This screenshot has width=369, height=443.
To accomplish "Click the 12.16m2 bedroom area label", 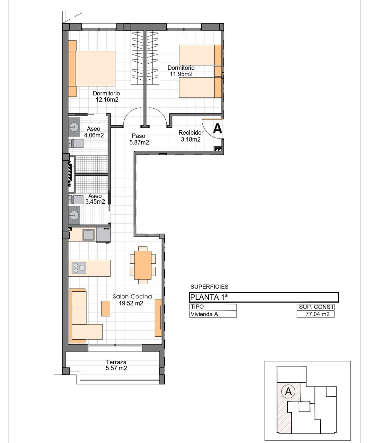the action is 107,99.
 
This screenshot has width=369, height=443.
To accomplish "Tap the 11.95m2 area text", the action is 181,74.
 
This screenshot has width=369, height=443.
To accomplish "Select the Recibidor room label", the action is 191,133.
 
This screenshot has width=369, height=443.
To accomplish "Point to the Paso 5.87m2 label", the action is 139,139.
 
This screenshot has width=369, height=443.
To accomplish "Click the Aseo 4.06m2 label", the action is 94,132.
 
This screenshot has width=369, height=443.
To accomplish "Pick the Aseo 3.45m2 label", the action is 95,199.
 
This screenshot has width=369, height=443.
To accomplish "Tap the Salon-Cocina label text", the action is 132,296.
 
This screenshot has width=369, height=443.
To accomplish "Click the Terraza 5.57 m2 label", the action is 116,365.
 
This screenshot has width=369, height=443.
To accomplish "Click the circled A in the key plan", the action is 288,391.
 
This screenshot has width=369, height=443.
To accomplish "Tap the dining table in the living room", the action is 143,265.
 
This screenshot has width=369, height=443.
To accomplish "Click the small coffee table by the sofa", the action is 106,308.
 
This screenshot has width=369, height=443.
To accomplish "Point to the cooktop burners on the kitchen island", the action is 79,268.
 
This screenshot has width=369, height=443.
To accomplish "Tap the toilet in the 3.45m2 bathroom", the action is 76,200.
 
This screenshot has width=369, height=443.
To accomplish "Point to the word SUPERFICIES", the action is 209,287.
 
